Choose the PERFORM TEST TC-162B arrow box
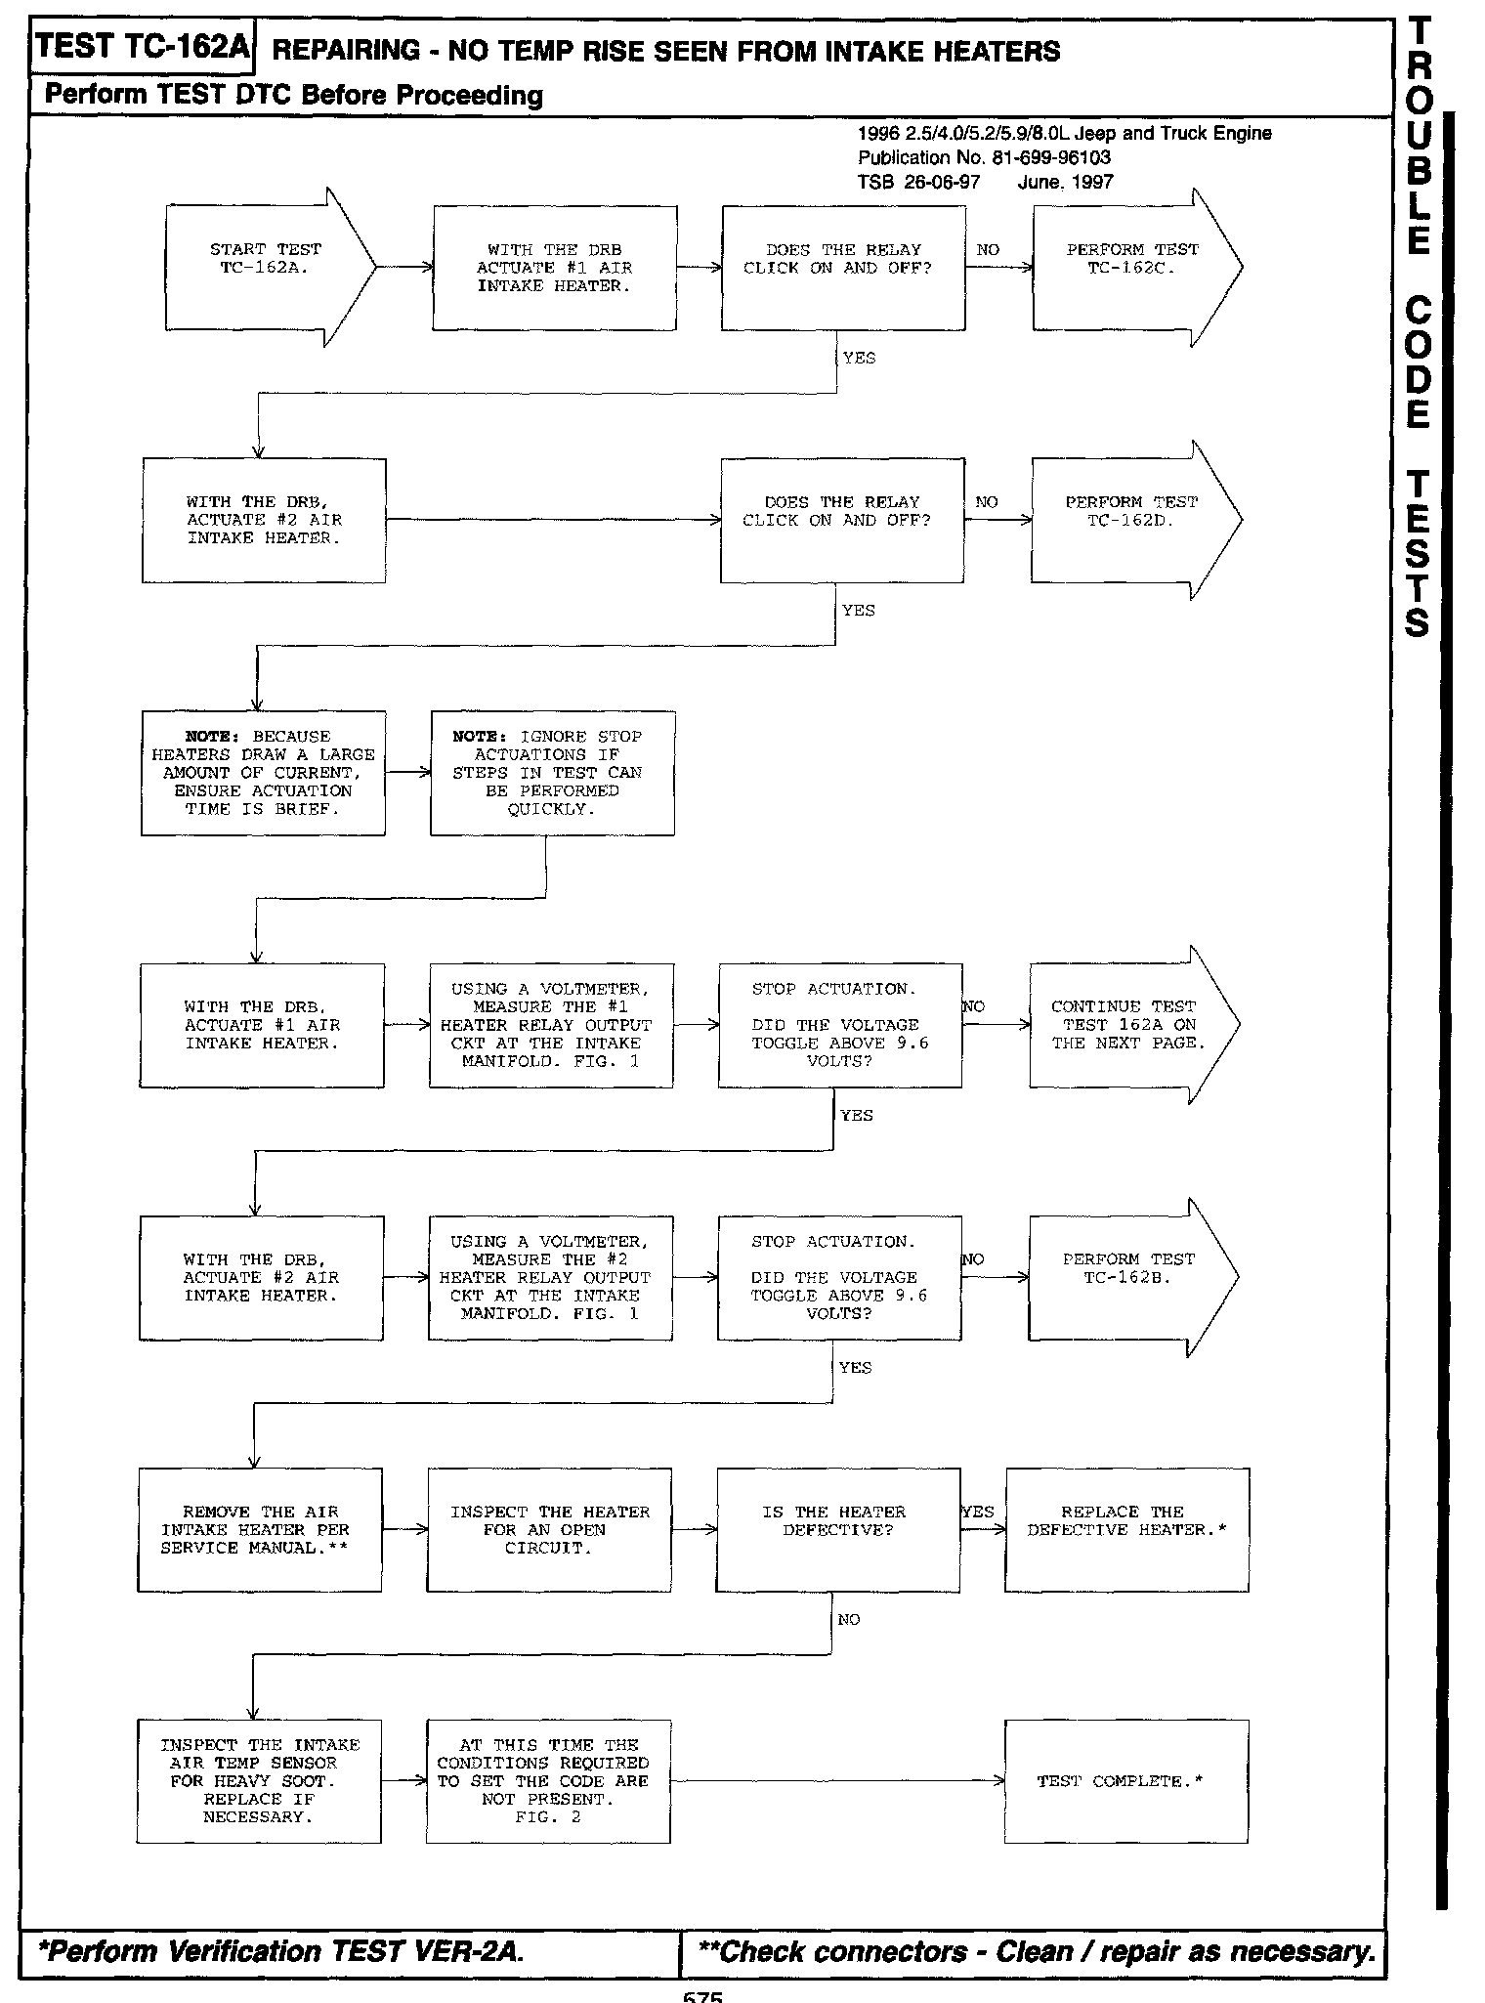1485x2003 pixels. (x=1127, y=1277)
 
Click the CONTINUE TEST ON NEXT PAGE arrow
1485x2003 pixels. (x=1127, y=1024)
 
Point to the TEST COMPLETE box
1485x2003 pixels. (x=1125, y=1781)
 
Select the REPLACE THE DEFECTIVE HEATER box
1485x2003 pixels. (x=1126, y=1529)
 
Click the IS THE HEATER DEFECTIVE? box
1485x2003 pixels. (x=837, y=1529)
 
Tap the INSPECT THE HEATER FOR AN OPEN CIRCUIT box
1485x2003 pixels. (x=549, y=1529)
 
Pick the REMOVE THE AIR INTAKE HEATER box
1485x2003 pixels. (x=259, y=1529)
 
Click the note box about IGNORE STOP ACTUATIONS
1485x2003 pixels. (x=552, y=773)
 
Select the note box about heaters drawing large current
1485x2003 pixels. (x=263, y=773)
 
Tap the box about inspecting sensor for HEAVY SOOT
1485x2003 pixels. (x=258, y=1781)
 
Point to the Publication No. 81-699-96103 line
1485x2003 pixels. (x=984, y=157)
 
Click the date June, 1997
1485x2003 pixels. (x=1065, y=182)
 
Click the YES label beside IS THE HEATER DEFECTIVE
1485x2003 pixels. (x=977, y=1512)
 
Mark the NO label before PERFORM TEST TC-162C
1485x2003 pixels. (x=988, y=250)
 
